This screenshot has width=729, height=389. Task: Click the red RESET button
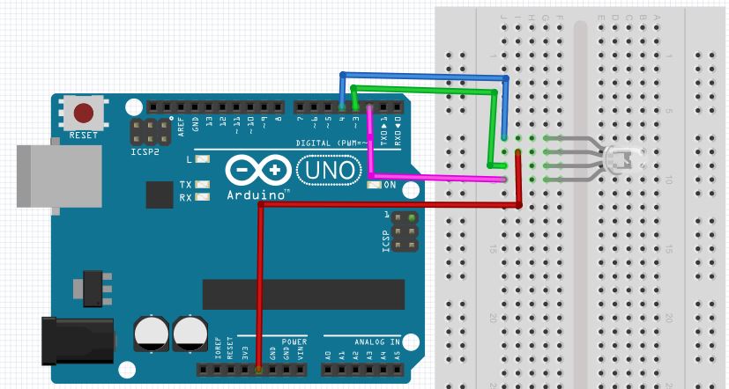coord(85,114)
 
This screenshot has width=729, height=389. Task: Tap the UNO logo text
coord(329,168)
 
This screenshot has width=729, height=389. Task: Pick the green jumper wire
coord(423,89)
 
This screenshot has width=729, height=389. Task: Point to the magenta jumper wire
coord(441,178)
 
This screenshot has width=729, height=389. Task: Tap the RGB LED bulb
coord(622,158)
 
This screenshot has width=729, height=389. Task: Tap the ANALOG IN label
coord(376,340)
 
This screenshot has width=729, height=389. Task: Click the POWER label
coord(294,340)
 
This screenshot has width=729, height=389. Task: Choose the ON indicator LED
coord(369,185)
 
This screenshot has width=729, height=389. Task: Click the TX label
coord(185,185)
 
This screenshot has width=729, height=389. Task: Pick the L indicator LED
coord(203,160)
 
